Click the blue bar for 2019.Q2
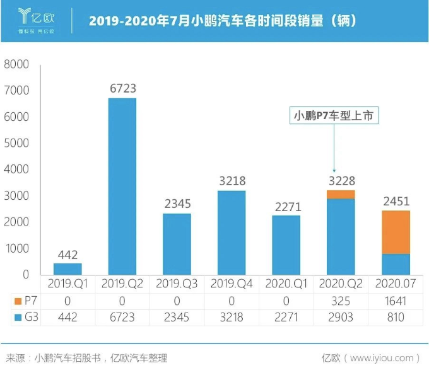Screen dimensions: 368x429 122,186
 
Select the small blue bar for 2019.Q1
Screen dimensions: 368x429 68,268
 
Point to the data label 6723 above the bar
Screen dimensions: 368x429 122,89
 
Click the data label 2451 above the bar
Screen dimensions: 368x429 396,202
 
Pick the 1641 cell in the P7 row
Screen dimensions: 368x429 396,301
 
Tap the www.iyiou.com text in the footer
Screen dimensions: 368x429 384,357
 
